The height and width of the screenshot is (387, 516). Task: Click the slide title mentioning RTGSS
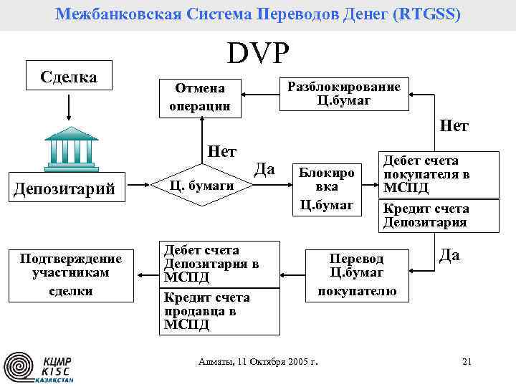click(x=258, y=14)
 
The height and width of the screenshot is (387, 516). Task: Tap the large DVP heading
click(x=258, y=53)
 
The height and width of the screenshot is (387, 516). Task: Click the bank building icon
click(x=71, y=147)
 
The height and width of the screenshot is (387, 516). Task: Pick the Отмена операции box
click(x=200, y=97)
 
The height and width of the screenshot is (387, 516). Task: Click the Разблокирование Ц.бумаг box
click(x=343, y=93)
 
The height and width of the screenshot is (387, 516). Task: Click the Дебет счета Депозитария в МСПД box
click(x=218, y=263)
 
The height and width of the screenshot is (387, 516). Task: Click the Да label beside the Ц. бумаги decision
click(x=266, y=169)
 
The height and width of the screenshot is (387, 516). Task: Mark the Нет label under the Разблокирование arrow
click(x=454, y=126)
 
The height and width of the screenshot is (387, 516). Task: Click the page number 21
click(x=467, y=361)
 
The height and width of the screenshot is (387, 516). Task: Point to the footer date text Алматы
click(x=258, y=361)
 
